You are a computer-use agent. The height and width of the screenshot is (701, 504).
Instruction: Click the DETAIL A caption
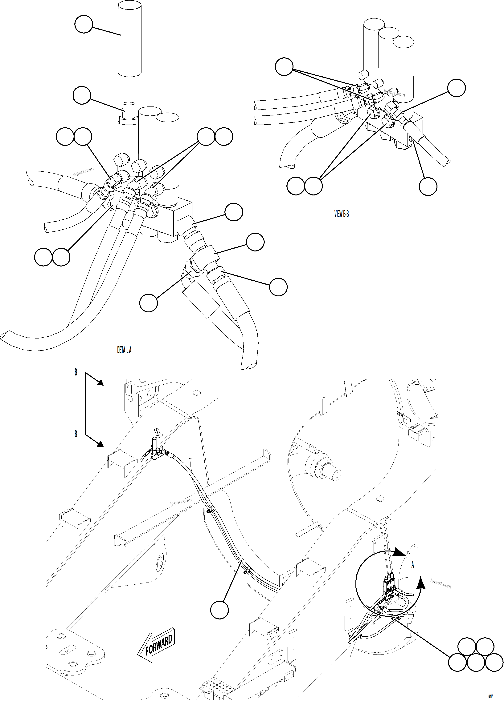[124, 350]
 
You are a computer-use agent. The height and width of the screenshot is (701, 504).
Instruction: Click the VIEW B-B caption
[342, 214]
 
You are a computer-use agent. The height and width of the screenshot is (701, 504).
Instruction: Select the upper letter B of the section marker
[76, 373]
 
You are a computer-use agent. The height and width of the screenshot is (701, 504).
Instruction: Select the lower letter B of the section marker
[76, 434]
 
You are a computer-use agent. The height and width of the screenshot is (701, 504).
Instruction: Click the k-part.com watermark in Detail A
[83, 172]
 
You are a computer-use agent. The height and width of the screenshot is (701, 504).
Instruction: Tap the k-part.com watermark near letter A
[440, 583]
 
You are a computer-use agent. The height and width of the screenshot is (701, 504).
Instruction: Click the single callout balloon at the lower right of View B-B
[428, 186]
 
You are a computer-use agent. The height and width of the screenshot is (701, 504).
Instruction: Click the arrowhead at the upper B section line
[100, 383]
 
